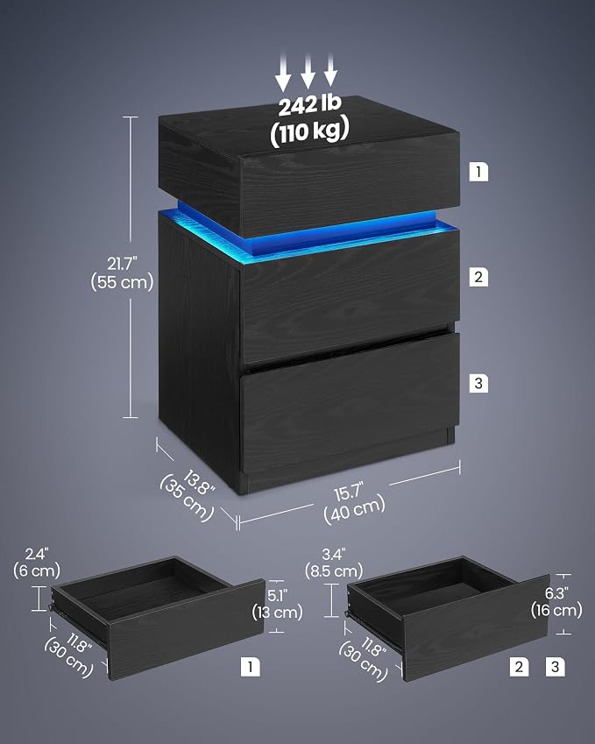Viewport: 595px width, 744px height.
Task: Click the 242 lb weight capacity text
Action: pyautogui.click(x=309, y=105)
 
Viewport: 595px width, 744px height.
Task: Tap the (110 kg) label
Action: pyautogui.click(x=309, y=131)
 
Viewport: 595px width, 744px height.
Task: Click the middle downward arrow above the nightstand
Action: pyautogui.click(x=308, y=72)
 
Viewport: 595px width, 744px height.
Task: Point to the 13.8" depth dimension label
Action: pyautogui.click(x=199, y=482)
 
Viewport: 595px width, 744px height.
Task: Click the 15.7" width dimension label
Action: pyautogui.click(x=349, y=492)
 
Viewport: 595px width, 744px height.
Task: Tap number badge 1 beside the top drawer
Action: pyautogui.click(x=478, y=171)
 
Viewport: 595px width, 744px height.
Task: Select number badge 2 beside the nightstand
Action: pyautogui.click(x=478, y=277)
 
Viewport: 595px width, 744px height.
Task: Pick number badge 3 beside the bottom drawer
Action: pyautogui.click(x=478, y=383)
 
